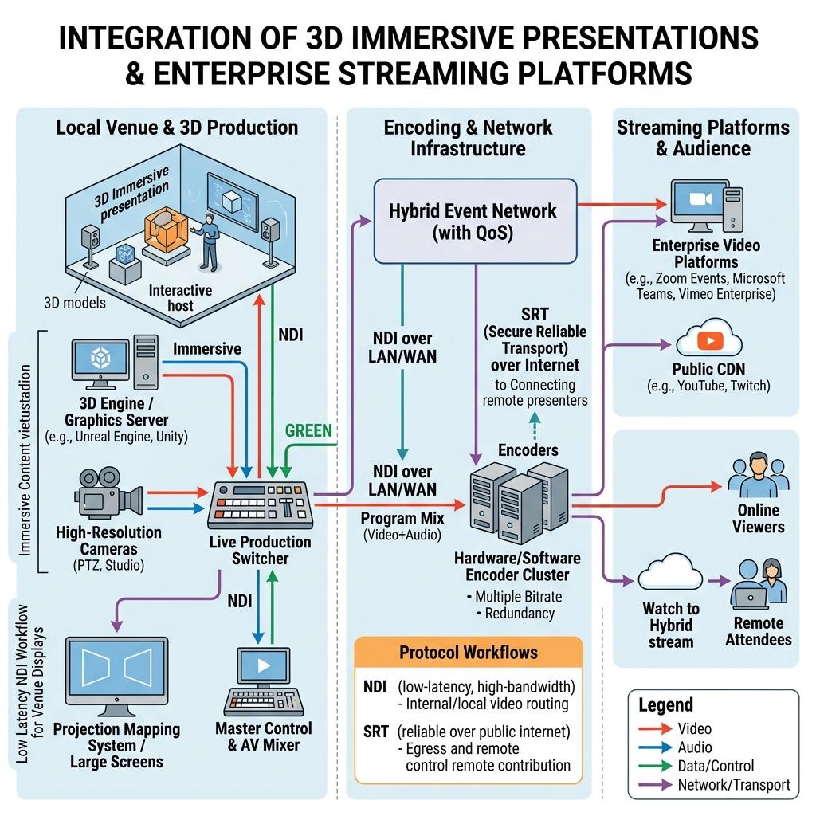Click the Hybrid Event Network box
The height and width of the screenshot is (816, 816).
pos(475,222)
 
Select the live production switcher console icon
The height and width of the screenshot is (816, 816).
pos(261,504)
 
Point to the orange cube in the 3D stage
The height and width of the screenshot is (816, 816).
pos(165,229)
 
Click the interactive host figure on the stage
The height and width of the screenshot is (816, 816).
pos(206,242)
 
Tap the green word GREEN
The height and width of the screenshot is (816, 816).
pos(308,431)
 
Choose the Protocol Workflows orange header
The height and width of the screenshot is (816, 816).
pos(469,652)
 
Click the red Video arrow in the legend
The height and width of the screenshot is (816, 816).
pos(655,728)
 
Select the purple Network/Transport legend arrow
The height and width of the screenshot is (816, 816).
pos(655,784)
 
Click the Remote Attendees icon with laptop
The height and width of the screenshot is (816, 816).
pos(759,584)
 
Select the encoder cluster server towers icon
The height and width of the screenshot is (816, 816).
pos(520,502)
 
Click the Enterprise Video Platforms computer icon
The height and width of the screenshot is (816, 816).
pos(706,206)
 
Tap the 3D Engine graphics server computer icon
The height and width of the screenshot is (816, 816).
pos(115,363)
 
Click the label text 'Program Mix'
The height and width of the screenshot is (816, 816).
pos(402,518)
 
